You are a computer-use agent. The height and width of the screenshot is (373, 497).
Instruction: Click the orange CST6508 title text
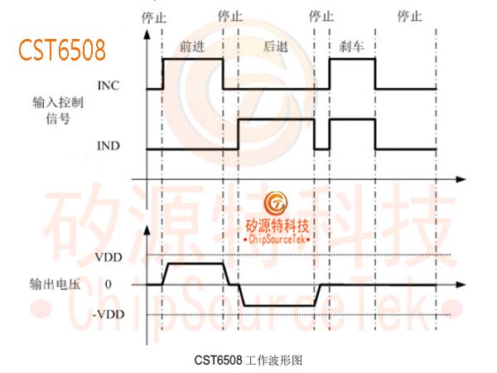pos(62,50)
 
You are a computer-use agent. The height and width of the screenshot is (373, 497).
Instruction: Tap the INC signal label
pos(109,85)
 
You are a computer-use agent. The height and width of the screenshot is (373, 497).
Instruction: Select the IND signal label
pos(109,146)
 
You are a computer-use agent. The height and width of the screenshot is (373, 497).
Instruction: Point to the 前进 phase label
pos(192,46)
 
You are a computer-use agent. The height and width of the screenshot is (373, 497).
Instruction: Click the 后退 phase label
pos(276,46)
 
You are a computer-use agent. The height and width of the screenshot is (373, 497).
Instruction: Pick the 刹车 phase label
pos(351,46)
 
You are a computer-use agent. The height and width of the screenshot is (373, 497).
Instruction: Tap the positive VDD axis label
pos(109,257)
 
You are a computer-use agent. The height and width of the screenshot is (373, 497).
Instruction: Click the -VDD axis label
pos(109,314)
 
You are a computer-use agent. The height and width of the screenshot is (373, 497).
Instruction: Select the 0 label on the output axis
pos(109,284)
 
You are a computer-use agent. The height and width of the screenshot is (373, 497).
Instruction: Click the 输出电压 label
pos(55,284)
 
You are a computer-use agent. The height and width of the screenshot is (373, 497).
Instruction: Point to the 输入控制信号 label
pos(58,111)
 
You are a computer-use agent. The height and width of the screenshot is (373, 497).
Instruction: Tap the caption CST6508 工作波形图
pos(248,361)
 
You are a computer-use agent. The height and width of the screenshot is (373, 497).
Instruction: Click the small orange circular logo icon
pos(276,203)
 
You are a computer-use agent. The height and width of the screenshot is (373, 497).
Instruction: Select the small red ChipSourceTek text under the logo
pos(277,239)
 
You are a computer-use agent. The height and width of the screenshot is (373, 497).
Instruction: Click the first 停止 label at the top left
pos(154,17)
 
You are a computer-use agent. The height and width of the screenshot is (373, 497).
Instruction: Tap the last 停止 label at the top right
pos(410,16)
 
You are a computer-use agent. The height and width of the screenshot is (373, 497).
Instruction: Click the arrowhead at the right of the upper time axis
pos(461,180)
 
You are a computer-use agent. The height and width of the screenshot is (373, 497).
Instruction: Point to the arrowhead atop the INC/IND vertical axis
pos(147,35)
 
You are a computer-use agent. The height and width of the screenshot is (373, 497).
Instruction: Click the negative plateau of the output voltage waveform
pos(280,306)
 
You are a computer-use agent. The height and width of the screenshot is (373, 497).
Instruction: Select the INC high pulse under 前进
pos(193,59)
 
